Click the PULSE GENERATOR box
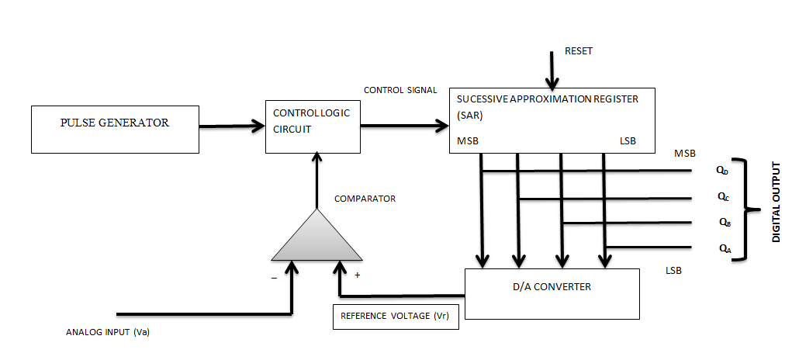pyautogui.click(x=114, y=130)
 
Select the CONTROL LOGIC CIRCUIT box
pyautogui.click(x=313, y=126)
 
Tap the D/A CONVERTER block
pyautogui.click(x=552, y=293)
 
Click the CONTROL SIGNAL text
pyautogui.click(x=399, y=90)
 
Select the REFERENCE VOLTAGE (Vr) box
pyautogui.click(x=396, y=317)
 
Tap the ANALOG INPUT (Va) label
pyautogui.click(x=107, y=333)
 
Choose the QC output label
pyautogui.click(x=722, y=197)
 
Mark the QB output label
pyautogui.click(x=724, y=223)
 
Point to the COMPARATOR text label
pyautogui.click(x=365, y=199)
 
